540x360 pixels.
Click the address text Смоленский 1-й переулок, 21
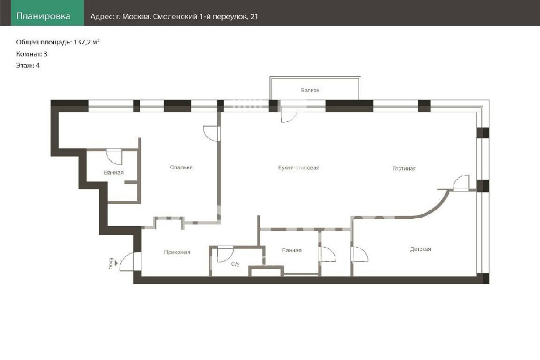(205, 16)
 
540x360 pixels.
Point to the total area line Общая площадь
(58, 42)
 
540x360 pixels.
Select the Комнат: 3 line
(32, 54)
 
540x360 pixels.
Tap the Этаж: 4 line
(28, 65)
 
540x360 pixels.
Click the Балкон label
(310, 90)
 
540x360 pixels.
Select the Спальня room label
(181, 168)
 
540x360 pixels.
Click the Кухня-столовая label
(298, 168)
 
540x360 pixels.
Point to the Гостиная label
(404, 169)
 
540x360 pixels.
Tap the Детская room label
(420, 249)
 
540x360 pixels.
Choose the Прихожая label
(177, 252)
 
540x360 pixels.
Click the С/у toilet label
(235, 264)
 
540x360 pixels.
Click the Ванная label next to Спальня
(114, 173)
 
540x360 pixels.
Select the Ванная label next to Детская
(292, 250)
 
